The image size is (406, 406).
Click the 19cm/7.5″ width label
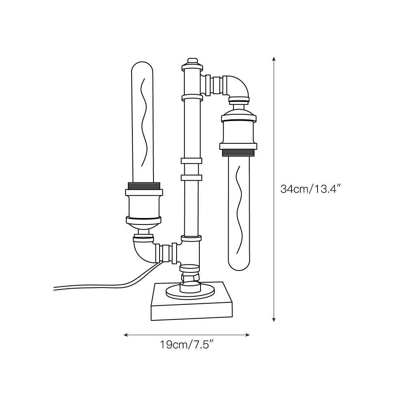pos(187,344)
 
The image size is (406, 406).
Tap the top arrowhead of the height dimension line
pos(274,58)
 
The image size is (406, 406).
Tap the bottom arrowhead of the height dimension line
pos(274,320)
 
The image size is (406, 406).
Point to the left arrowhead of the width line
pos(126,335)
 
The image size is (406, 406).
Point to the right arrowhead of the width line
pos(247,335)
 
